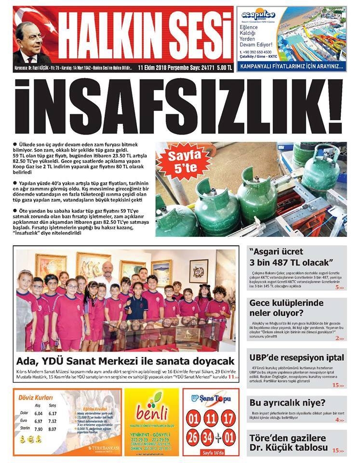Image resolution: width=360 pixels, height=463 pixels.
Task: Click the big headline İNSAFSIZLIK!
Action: pyautogui.click(x=179, y=105)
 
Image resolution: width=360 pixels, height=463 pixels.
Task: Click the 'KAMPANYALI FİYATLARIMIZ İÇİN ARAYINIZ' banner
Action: pyautogui.click(x=292, y=67)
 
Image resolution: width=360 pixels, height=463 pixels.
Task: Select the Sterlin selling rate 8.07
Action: pyautogui.click(x=53, y=429)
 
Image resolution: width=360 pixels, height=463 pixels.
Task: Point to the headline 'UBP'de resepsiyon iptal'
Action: pyautogui.click(x=297, y=358)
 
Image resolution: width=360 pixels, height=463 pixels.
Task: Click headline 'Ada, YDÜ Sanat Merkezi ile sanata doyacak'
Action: pyautogui.click(x=125, y=360)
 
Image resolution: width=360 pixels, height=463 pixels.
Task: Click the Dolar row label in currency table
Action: pyautogui.click(x=24, y=413)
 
